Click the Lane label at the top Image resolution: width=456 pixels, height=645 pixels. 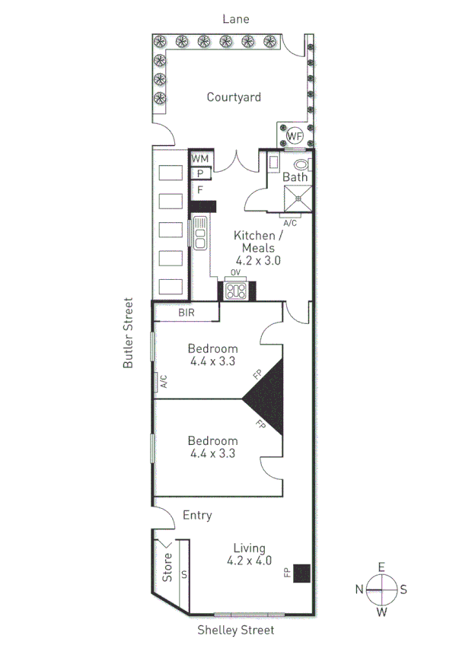[235, 19]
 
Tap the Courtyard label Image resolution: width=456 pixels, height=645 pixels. [234, 97]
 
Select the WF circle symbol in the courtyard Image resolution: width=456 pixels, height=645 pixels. [295, 135]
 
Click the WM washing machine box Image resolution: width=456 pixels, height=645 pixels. [200, 158]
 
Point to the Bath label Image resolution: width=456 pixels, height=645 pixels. [295, 177]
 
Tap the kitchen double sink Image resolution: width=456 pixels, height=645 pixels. [200, 234]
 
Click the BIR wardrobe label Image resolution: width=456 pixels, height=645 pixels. [187, 312]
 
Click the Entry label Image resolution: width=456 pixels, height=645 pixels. [197, 515]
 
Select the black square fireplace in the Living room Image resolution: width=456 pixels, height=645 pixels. [302, 572]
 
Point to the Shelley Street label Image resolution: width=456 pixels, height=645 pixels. [235, 630]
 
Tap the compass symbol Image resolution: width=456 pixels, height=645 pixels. [381, 589]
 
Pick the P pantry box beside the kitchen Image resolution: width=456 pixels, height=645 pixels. [199, 173]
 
